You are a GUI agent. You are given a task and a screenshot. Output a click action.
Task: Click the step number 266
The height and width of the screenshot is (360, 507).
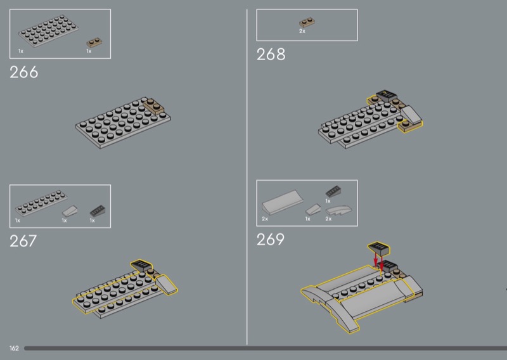24,72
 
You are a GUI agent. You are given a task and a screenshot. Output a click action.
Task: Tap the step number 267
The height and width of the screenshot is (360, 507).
23,241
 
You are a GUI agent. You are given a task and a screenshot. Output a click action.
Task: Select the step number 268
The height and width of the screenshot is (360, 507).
271,55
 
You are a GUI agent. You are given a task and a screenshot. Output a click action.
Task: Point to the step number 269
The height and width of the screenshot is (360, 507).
271,240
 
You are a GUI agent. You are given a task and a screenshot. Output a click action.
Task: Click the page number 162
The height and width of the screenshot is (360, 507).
14,349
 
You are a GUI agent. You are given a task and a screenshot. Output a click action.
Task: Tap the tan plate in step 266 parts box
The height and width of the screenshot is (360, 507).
94,42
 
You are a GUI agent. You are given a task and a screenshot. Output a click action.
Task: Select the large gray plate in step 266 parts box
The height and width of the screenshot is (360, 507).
49,31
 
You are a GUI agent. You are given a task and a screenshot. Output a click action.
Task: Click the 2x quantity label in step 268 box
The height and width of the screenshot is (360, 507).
302,31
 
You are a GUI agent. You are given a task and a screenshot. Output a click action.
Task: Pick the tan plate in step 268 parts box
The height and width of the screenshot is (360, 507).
307,22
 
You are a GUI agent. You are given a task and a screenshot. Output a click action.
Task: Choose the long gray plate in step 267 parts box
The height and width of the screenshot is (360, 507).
41,203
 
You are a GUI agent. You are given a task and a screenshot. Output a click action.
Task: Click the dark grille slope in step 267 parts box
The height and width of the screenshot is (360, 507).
98,211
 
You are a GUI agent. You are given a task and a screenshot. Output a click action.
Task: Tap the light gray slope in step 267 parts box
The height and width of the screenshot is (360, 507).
70,211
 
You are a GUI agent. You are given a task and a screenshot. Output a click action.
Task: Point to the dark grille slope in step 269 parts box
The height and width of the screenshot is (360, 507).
333,191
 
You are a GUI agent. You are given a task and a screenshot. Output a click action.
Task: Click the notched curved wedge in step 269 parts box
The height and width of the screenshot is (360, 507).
339,210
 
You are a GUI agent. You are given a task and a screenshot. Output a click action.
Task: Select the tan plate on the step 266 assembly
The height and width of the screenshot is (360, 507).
153,106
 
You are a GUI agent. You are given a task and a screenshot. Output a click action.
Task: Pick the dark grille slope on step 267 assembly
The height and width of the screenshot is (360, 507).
141,266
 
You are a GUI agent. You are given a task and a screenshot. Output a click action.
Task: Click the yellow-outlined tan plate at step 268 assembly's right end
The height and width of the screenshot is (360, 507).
410,126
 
